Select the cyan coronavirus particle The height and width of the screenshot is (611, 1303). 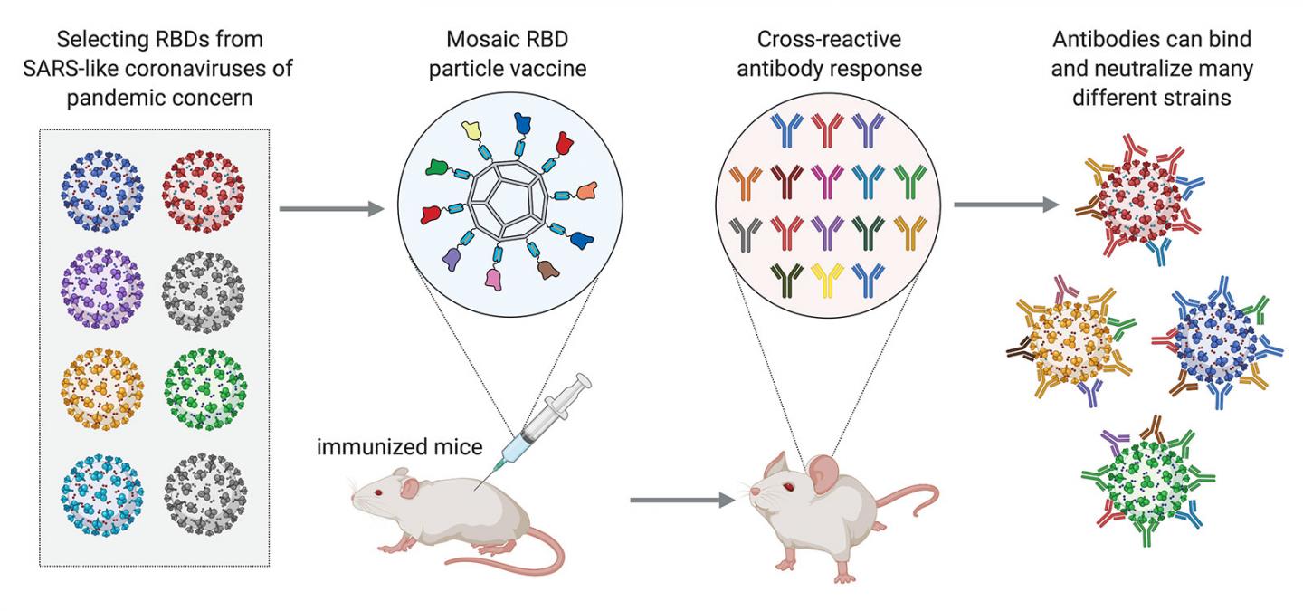pos(100,492)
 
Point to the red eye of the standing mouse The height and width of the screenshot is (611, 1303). pos(788,486)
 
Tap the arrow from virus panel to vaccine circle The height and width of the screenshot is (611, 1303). pos(331,210)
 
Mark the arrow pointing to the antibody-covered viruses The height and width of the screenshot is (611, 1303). pos(1005,205)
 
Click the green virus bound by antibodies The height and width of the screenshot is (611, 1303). pos(1145,477)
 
